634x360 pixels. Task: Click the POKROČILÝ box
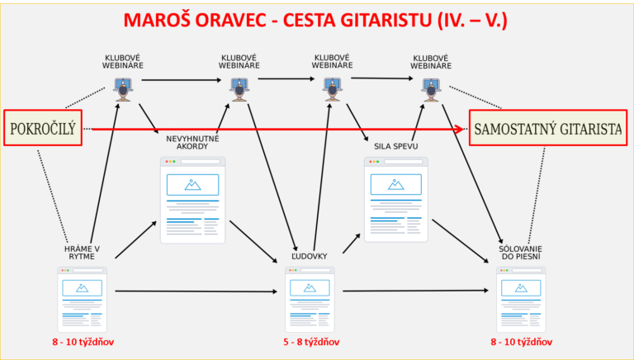coord(43,128)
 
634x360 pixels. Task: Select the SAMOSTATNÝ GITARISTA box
coord(548,128)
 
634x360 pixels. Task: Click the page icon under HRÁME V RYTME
coord(82,300)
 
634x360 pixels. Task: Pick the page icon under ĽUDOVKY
coord(310,300)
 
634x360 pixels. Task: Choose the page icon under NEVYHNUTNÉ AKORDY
coord(193,200)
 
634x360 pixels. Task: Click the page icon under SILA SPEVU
coord(396,200)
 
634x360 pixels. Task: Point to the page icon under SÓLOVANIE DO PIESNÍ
coord(521,300)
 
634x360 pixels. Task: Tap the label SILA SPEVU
coord(396,146)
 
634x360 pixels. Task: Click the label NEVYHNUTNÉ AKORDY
coord(192,142)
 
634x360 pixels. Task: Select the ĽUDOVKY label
coord(310,256)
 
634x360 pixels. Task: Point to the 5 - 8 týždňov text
coord(311,342)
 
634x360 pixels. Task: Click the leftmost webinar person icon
coord(123,89)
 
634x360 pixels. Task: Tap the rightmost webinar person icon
coord(431,90)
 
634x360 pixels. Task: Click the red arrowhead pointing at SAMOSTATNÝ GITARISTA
coord(458,129)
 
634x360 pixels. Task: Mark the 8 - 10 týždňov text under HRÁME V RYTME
coord(83,342)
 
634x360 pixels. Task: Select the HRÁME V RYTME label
coord(82,253)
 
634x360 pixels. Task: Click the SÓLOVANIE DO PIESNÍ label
coord(520,253)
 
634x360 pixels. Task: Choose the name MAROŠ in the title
coord(154,20)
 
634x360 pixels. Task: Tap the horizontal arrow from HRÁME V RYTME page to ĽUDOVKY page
coord(196,291)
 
